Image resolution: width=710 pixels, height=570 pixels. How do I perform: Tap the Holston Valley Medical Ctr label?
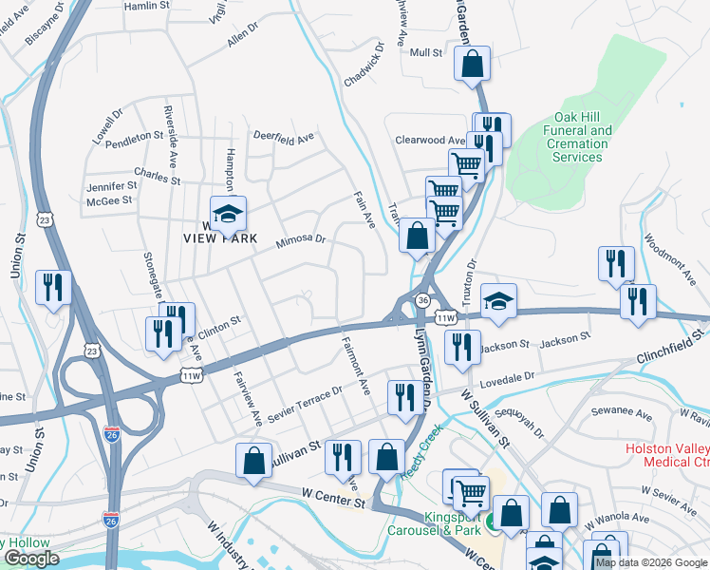click(x=667, y=455)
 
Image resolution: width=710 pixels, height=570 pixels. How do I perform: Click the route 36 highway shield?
click(x=420, y=300)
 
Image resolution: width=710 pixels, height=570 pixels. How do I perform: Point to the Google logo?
click(x=31, y=559)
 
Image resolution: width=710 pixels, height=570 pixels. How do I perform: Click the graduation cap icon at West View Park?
click(x=228, y=215)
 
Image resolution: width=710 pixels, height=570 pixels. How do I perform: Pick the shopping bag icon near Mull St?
click(x=472, y=66)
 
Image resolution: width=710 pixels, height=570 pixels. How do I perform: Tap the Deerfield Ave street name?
click(x=283, y=136)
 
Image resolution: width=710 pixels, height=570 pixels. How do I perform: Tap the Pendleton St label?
click(x=135, y=137)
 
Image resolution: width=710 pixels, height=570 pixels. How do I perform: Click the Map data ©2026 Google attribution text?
click(x=651, y=562)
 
